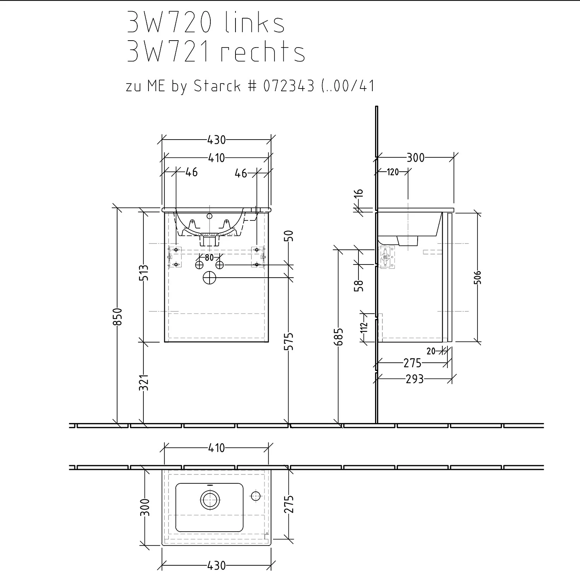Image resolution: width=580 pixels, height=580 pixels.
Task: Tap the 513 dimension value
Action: coord(144,273)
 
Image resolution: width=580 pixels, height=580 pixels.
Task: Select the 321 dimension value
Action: coord(144,382)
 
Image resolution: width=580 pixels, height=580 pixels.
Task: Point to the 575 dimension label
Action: coord(289,341)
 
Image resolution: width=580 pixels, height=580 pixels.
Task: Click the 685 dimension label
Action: coord(338,337)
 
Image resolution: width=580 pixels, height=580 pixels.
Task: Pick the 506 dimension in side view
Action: coord(478,277)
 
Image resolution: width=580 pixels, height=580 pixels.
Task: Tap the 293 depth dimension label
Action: coord(415,379)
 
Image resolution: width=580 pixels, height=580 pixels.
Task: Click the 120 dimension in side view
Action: coord(393,172)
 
